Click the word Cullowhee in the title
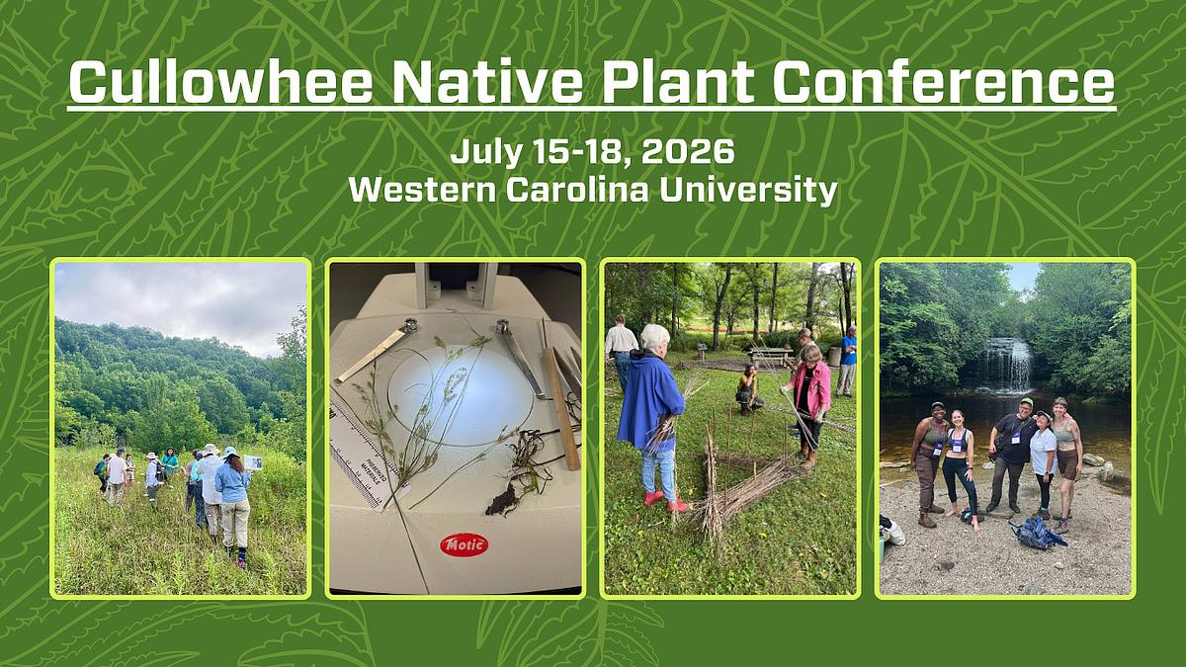point(219,83)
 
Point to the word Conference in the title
point(944,83)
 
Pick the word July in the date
point(482,152)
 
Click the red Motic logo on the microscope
point(464,544)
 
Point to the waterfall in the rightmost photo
point(1006,365)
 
